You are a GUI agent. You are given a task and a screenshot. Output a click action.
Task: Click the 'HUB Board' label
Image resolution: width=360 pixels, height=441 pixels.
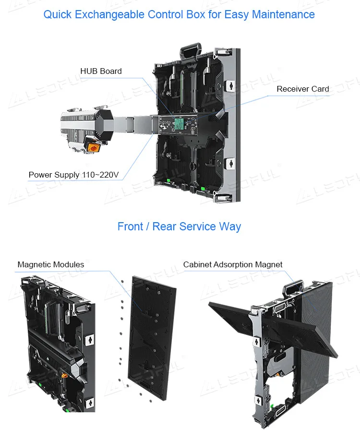tap(101, 71)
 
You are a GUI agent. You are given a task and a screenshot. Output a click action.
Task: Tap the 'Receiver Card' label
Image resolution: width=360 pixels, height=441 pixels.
tap(303, 89)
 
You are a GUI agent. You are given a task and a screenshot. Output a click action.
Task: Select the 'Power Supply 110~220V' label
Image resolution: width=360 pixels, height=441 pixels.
tap(73, 174)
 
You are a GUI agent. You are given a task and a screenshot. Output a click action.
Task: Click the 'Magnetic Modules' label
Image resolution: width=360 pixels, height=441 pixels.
tap(50, 264)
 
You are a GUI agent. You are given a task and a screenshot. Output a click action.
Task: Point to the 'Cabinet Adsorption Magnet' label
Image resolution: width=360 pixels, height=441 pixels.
tap(233, 264)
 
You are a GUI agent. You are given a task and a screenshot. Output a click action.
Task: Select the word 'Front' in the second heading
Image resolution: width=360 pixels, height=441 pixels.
tap(130, 226)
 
